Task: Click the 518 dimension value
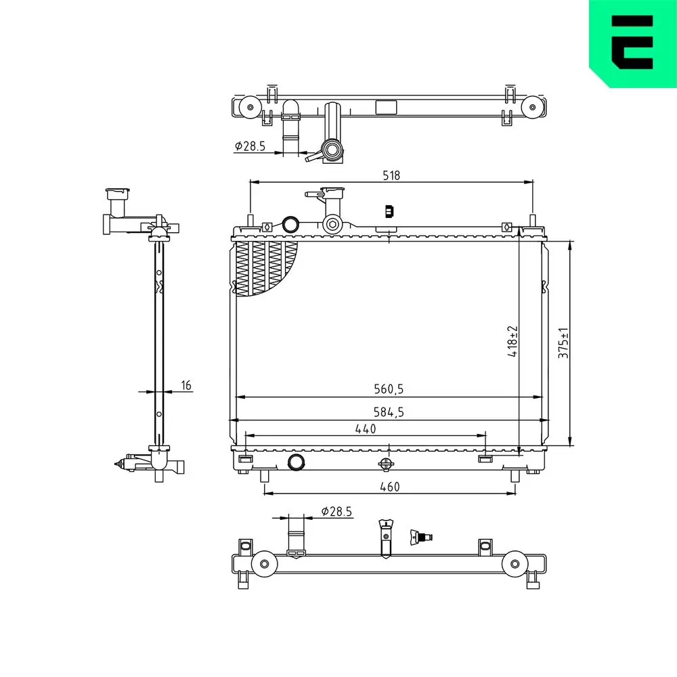[x=391, y=175]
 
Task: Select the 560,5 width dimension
[x=389, y=389]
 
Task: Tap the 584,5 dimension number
[x=389, y=412]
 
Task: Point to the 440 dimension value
[x=366, y=429]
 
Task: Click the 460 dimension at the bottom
[x=390, y=487]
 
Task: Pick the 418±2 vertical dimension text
[x=512, y=341]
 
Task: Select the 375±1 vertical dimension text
[x=563, y=343]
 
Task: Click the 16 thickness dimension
[x=186, y=385]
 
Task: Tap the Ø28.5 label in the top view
[x=250, y=146]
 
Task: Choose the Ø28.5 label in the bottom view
[x=336, y=511]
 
